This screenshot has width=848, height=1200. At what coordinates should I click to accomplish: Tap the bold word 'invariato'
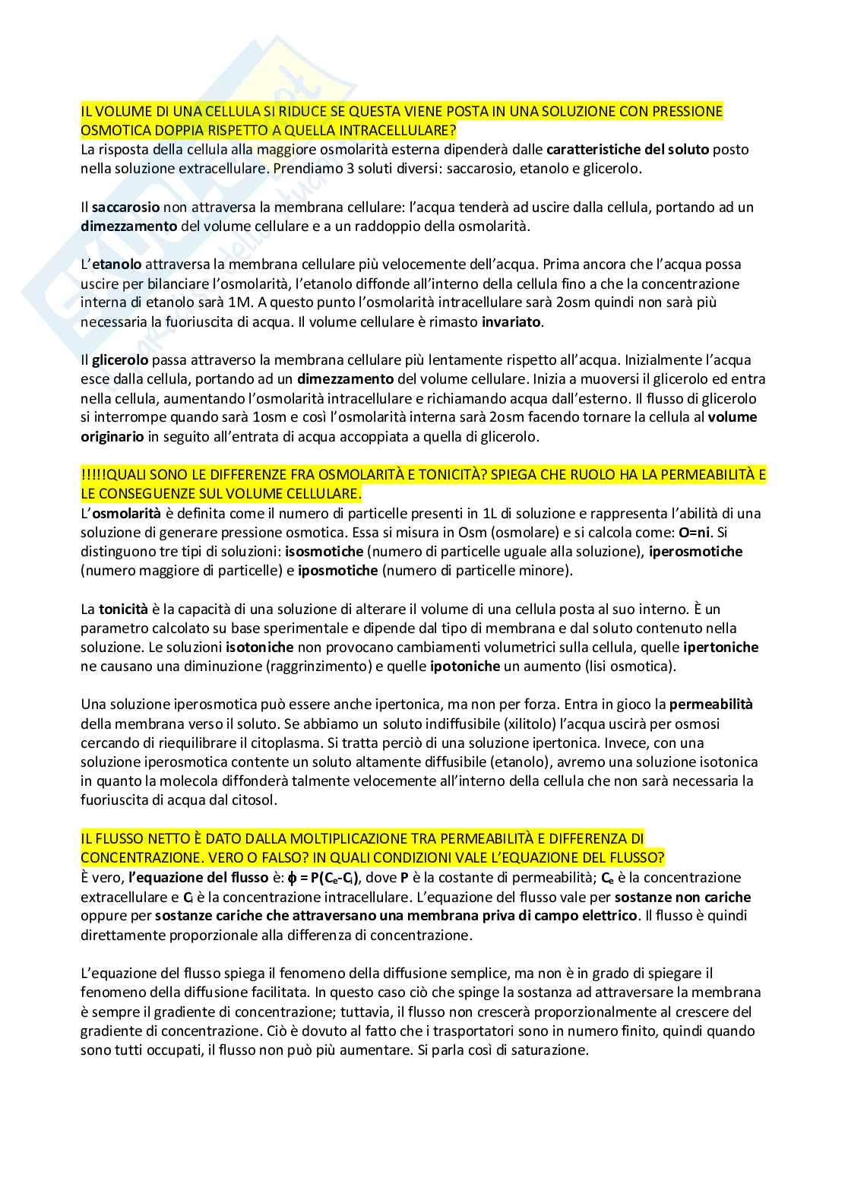tap(512, 321)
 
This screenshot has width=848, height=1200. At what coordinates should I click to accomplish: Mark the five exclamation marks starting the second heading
tap(93, 475)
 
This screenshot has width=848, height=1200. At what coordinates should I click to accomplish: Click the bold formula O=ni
tap(697, 532)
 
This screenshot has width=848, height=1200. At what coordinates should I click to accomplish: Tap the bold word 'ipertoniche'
tap(720, 647)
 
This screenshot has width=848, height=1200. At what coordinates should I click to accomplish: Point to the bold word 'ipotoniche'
tap(465, 666)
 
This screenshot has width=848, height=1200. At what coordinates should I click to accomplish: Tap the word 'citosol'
tap(256, 800)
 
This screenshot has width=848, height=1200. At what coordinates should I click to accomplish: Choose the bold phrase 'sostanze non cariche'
tap(682, 897)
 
